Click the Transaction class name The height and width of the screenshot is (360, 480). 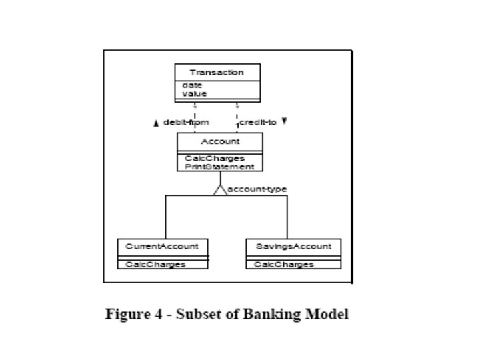click(217, 73)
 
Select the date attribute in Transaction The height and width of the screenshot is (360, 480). click(192, 85)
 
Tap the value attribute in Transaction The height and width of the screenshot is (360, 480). click(195, 94)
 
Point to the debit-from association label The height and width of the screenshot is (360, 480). click(186, 123)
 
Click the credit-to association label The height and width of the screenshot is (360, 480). click(258, 123)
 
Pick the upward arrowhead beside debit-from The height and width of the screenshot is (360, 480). click(156, 123)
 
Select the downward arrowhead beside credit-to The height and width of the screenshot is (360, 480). click(285, 121)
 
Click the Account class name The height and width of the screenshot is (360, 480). click(221, 141)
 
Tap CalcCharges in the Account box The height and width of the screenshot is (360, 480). click(215, 158)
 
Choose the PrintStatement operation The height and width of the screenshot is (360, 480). click(219, 167)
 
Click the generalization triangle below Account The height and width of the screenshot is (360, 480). click(221, 190)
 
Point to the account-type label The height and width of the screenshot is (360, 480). click(257, 189)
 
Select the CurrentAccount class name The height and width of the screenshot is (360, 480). click(162, 247)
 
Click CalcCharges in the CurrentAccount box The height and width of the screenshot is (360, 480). click(155, 265)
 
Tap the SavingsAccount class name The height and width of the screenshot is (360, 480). click(293, 247)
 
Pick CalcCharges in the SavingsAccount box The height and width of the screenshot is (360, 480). click(284, 265)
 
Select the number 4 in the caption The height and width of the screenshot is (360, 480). click(158, 314)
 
